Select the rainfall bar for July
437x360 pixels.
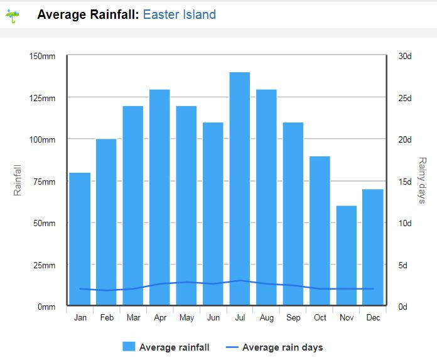[240, 188]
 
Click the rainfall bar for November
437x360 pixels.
[347, 256]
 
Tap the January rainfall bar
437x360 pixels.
[80, 239]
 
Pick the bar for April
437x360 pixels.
[159, 197]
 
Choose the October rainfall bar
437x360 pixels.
[320, 231]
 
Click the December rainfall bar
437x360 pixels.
[373, 247]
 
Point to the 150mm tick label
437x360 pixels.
[42, 56]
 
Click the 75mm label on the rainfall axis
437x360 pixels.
[45, 182]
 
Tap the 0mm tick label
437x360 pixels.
[46, 307]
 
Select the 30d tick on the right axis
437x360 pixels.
[405, 56]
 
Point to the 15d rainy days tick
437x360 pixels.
[405, 182]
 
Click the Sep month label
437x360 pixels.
[293, 318]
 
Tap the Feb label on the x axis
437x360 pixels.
[107, 318]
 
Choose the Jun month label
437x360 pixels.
[213, 318]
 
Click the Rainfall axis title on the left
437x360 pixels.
[18, 180]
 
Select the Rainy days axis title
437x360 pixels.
[422, 180]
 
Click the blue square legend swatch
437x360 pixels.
[129, 347]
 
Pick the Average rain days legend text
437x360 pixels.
[283, 347]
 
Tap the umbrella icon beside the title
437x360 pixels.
[13, 16]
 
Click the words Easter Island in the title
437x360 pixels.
[180, 14]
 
